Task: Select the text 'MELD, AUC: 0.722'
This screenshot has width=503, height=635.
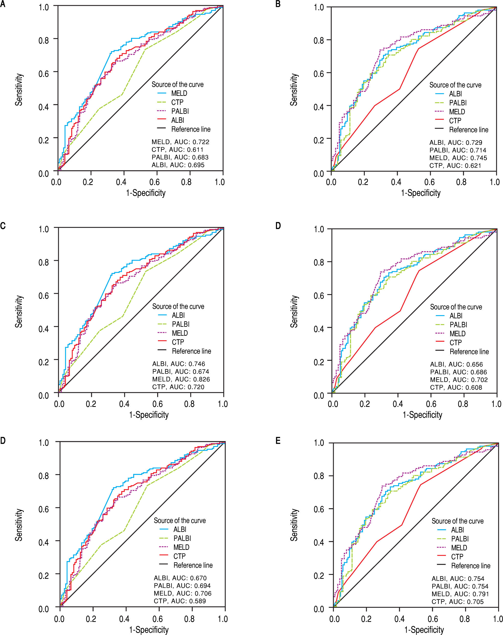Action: click(x=180, y=142)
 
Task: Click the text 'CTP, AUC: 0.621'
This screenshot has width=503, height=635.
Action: click(x=455, y=166)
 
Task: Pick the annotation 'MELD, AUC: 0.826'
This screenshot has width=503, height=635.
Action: click(x=181, y=379)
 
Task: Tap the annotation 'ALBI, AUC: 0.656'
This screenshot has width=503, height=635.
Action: click(x=456, y=364)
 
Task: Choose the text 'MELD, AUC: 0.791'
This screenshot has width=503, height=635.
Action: click(x=460, y=594)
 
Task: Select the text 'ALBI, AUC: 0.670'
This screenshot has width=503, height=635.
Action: click(x=180, y=578)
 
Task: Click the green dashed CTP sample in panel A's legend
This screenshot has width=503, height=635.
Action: click(x=162, y=102)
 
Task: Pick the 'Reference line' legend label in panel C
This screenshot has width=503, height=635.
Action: click(x=191, y=351)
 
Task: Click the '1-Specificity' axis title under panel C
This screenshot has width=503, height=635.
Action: click(x=149, y=415)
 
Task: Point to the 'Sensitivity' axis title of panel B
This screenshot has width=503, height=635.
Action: click(x=294, y=90)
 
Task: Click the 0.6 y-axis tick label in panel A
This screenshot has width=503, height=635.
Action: click(x=44, y=73)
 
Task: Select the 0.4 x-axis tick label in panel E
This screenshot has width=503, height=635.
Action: click(x=399, y=619)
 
